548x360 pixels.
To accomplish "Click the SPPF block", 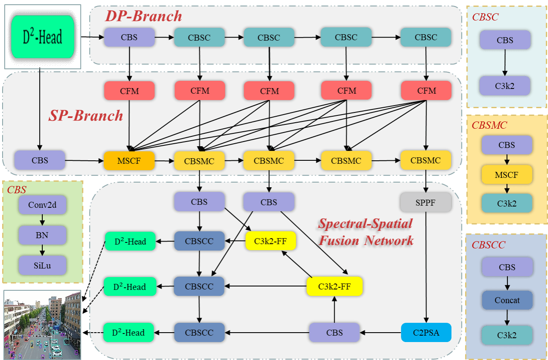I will (426, 202).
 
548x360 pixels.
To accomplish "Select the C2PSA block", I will (426, 332).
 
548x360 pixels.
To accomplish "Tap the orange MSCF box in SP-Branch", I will (129, 161).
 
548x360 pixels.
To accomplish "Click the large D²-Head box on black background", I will (43, 37).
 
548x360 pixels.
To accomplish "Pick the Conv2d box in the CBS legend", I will (42, 205).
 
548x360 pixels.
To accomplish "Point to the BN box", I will (42, 235).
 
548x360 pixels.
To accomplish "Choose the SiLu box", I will (42, 265).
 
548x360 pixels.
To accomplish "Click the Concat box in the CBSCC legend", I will (507, 300).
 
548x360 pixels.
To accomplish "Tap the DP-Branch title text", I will (144, 16).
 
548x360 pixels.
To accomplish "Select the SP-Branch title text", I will (85, 115).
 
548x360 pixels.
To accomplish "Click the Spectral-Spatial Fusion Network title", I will (366, 232).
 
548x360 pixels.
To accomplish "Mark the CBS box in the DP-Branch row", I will (129, 37).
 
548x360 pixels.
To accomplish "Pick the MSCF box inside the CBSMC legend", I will (507, 174).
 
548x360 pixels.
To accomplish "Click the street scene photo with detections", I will (42, 325).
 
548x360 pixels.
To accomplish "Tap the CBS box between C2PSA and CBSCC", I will (334, 332).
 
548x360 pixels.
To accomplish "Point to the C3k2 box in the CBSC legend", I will (505, 86).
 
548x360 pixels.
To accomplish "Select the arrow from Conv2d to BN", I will (42, 220).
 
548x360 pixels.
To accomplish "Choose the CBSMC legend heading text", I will (489, 125).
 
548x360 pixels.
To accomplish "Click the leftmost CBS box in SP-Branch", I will (40, 161).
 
